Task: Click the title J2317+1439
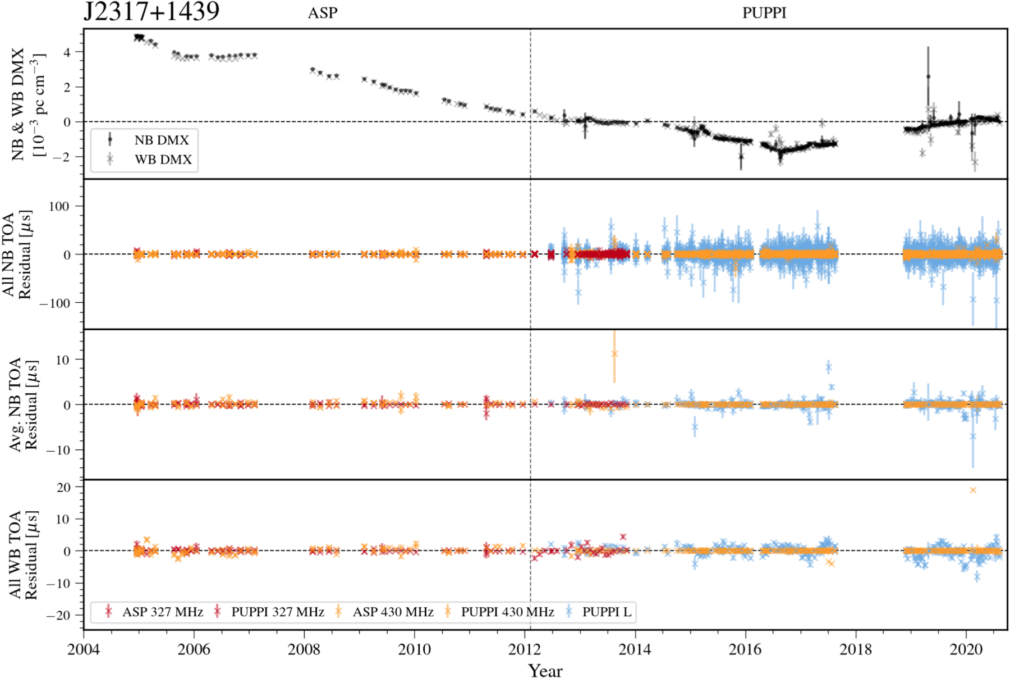(x=151, y=11)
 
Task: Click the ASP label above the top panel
(x=323, y=13)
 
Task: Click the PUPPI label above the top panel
(x=764, y=13)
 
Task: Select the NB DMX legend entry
(x=162, y=140)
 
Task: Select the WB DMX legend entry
(x=163, y=160)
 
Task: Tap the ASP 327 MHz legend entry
(x=162, y=612)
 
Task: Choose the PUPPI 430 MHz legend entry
(x=507, y=612)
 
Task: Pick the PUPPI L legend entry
(x=606, y=612)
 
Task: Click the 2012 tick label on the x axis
(x=525, y=650)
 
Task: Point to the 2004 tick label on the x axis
(x=84, y=650)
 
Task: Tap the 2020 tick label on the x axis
(x=966, y=650)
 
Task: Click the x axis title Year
(x=545, y=670)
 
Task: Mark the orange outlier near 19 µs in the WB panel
(x=973, y=490)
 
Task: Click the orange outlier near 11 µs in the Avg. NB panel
(x=614, y=354)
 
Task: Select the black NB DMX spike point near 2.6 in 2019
(x=928, y=76)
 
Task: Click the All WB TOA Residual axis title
(x=23, y=554)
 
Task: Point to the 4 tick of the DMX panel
(x=67, y=52)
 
